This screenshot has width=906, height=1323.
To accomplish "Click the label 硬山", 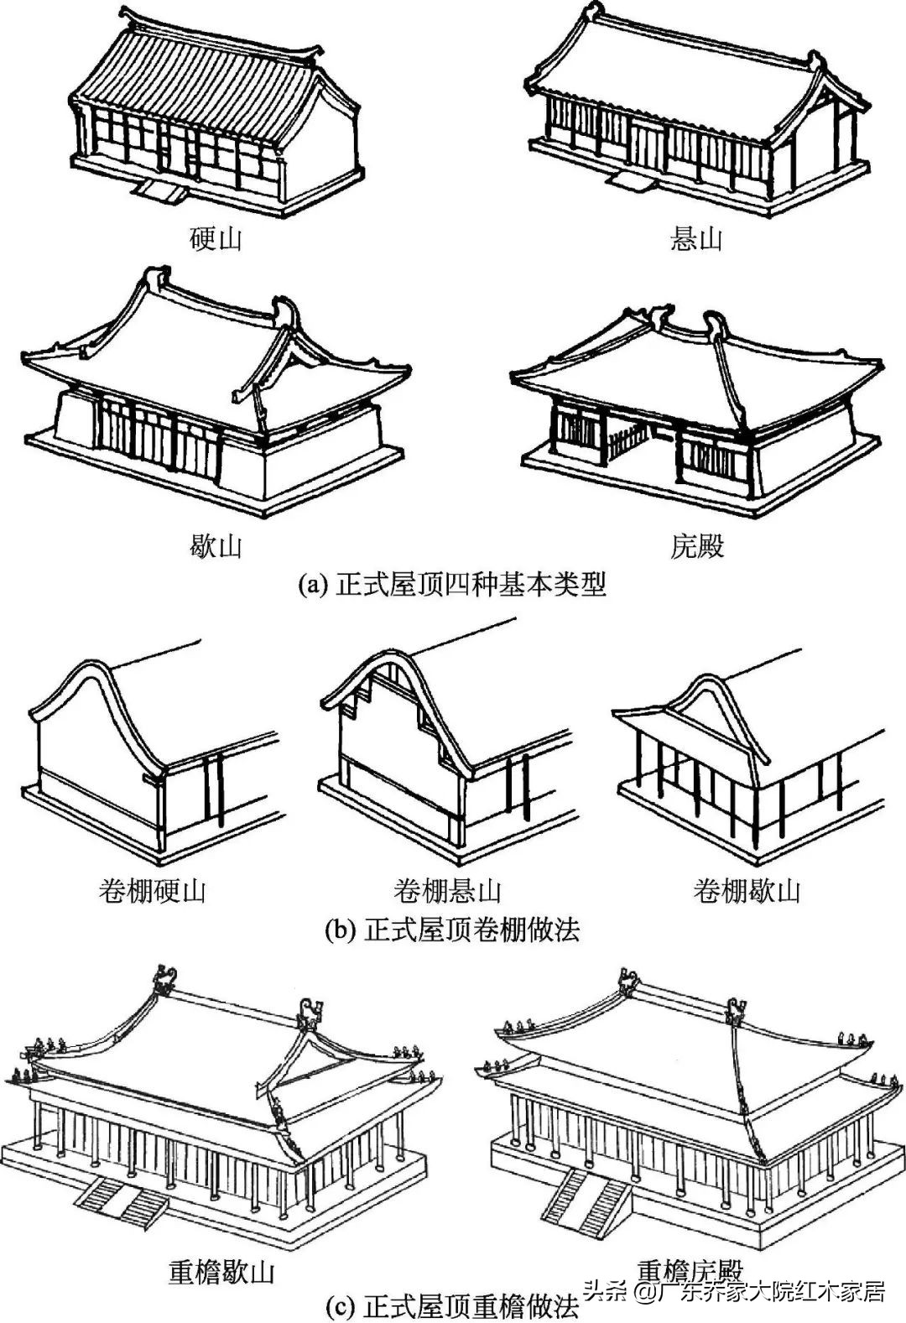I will (216, 239).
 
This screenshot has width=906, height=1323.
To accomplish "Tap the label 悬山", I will (696, 239).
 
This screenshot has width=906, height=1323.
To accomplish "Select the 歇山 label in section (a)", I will (216, 546).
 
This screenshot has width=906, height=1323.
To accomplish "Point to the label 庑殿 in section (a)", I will (696, 546).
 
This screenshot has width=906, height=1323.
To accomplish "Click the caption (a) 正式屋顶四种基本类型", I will (452, 585).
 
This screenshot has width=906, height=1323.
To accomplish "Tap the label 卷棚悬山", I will (448, 890).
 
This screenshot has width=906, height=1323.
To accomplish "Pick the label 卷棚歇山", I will (747, 890).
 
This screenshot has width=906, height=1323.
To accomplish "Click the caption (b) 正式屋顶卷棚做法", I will (452, 930).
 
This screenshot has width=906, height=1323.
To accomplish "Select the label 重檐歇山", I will (221, 1273).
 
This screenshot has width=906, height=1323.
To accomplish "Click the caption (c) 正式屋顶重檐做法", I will (452, 1307).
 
